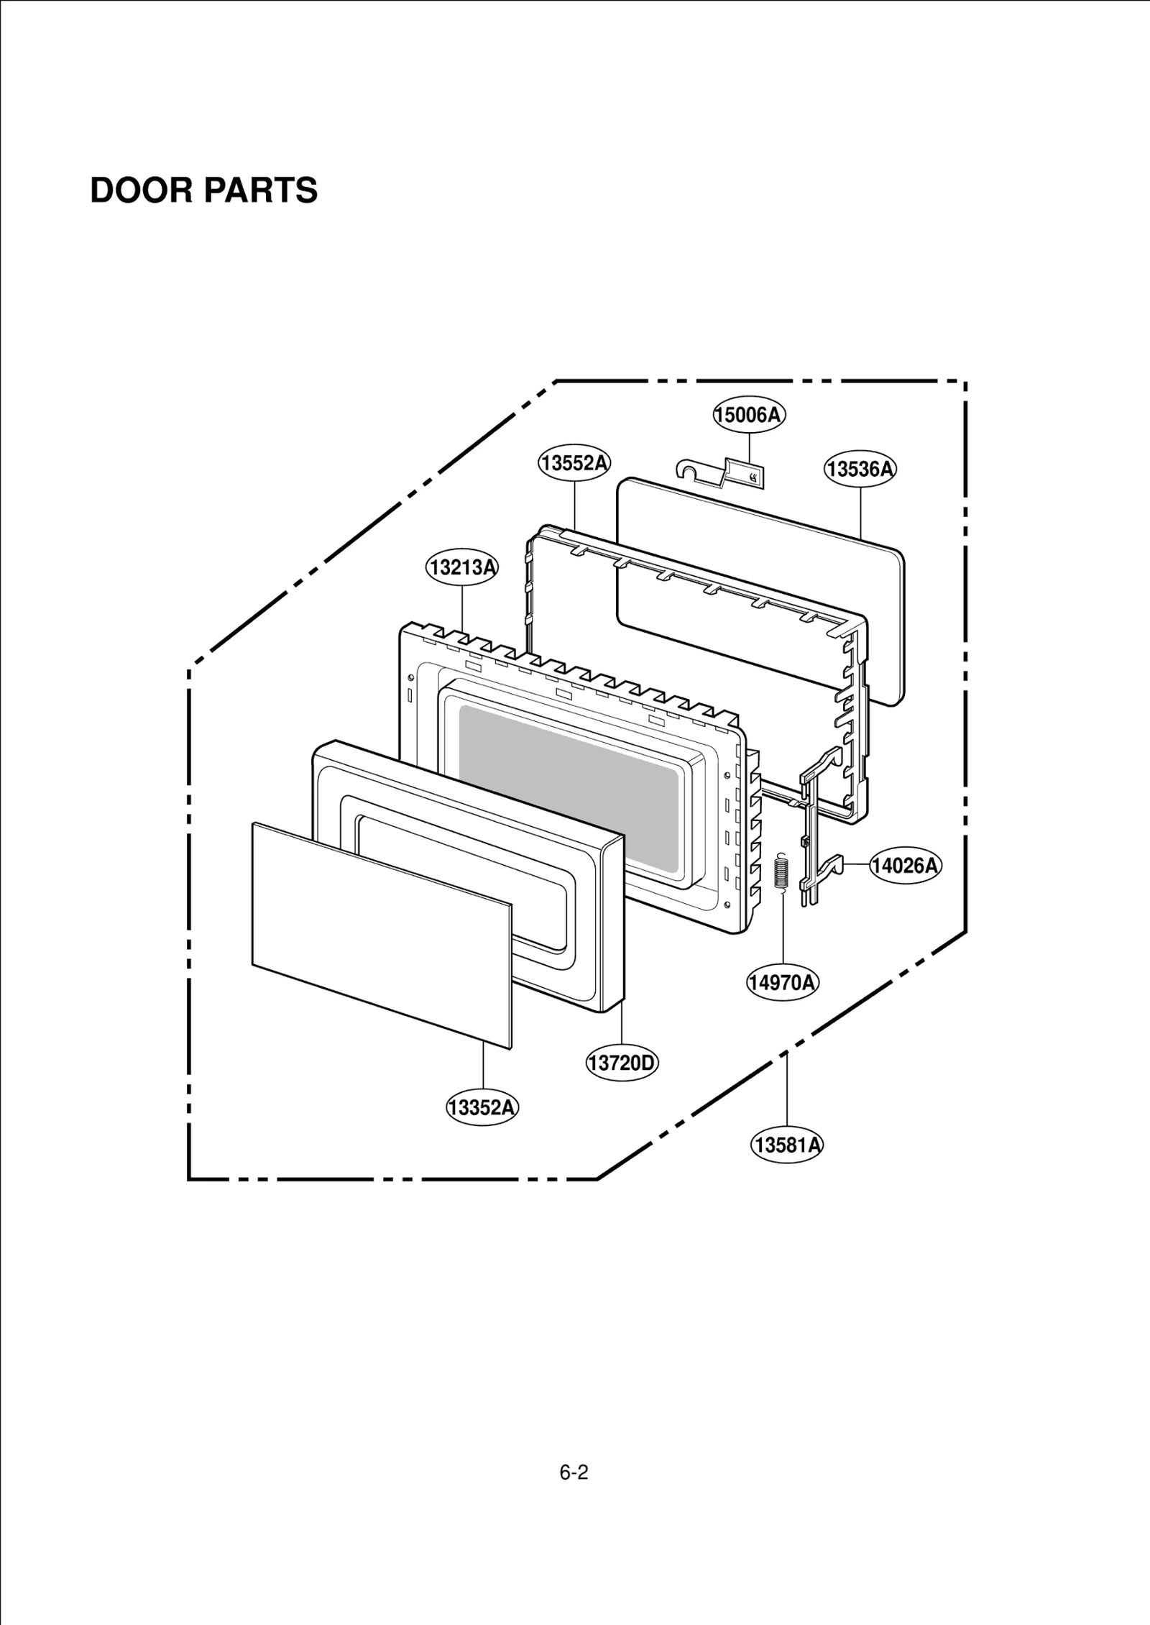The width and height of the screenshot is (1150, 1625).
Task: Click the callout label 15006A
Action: [749, 415]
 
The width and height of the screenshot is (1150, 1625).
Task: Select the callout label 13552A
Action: [574, 463]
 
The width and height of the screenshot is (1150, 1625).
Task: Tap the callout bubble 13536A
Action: [860, 470]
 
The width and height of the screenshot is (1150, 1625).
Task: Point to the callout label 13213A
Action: [462, 567]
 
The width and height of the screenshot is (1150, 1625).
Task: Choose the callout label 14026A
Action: [905, 866]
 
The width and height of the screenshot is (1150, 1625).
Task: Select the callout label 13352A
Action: [482, 1107]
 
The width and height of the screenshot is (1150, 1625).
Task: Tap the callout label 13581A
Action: [787, 1145]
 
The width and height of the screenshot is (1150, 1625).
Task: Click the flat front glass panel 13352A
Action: [381, 935]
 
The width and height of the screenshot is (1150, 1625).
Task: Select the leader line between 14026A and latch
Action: [856, 865]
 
